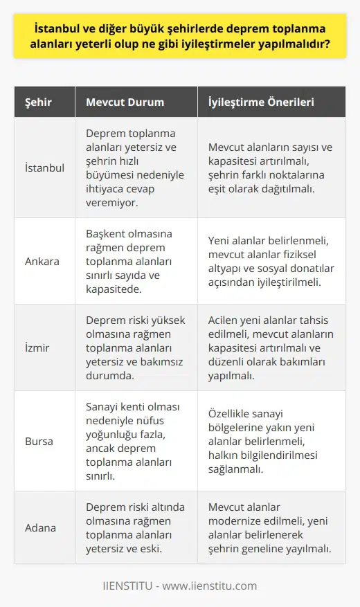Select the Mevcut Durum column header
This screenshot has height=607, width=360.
[x=125, y=102]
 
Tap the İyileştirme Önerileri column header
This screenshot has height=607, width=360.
[x=261, y=102]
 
